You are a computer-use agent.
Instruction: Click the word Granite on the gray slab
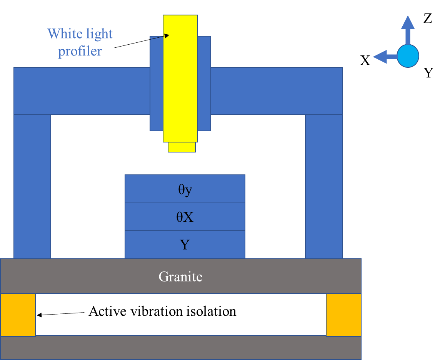(180, 276)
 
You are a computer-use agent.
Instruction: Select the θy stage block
(185, 189)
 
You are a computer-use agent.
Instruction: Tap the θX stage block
(185, 217)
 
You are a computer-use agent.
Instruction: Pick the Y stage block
(185, 245)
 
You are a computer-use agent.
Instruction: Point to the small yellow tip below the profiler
(182, 147)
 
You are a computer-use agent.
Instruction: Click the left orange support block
(18, 315)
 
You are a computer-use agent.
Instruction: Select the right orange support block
(343, 315)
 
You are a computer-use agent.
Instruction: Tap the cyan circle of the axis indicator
(408, 56)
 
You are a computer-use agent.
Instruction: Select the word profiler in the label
(80, 51)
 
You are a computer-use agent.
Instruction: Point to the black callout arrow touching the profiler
(159, 37)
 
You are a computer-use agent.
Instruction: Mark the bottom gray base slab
(180, 348)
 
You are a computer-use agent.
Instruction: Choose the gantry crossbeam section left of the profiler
(82, 91)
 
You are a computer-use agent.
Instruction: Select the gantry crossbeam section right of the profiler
(276, 91)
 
